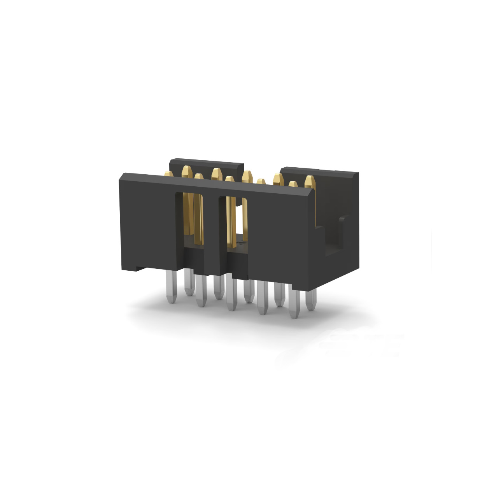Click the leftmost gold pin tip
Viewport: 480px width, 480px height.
(x=168, y=174)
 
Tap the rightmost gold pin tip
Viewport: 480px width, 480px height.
(x=309, y=180)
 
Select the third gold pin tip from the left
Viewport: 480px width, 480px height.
(x=199, y=177)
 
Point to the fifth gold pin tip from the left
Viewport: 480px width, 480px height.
(x=229, y=179)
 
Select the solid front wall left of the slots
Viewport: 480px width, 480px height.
(x=148, y=222)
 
